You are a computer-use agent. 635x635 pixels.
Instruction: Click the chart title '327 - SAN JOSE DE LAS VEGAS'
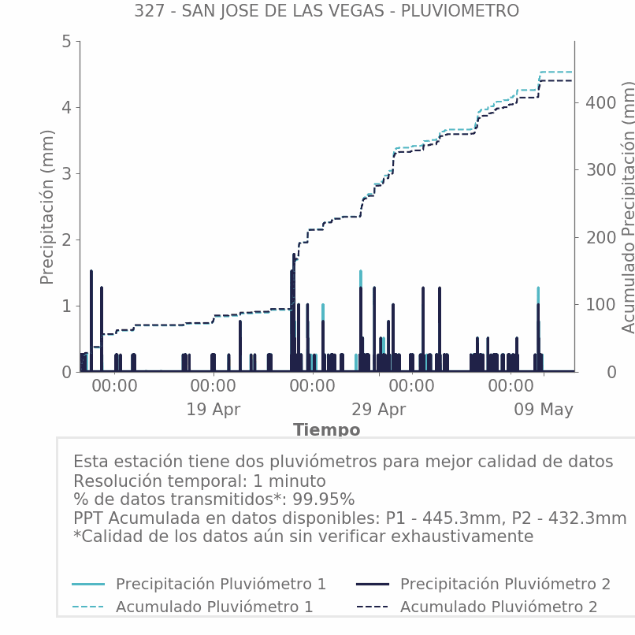258,11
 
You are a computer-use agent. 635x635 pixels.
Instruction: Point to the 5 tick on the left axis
67,41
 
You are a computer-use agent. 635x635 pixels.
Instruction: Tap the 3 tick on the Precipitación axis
67,174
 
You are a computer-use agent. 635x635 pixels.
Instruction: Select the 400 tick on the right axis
601,103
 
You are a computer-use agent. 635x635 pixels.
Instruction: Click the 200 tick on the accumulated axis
601,237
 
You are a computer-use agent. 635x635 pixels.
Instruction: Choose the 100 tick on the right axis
601,305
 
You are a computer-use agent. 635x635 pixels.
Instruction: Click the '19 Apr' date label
214,410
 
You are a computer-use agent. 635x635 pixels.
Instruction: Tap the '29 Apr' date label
379,410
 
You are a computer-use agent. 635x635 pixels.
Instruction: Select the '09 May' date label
544,410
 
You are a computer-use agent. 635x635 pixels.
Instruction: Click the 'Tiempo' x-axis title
326,429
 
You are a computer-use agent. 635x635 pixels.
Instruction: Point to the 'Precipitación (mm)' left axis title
47,207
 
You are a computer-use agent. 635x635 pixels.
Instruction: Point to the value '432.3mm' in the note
587,518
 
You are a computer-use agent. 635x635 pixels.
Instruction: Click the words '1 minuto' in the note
289,481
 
